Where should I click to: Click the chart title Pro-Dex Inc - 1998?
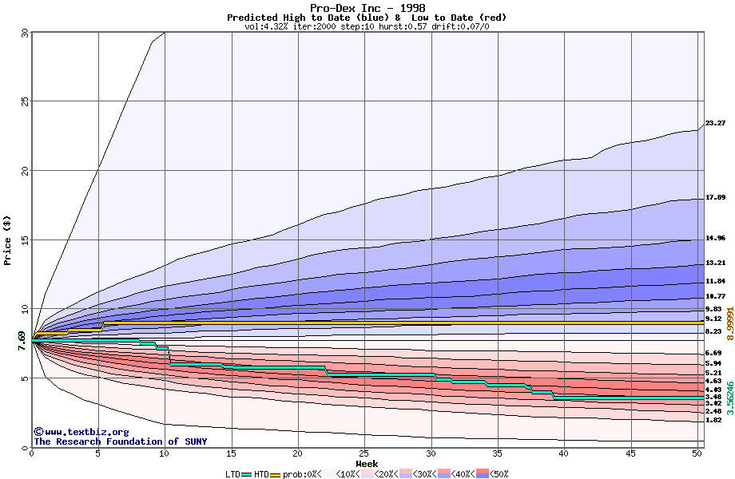click(367, 8)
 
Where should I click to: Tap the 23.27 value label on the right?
click(715, 123)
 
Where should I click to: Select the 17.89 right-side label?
click(715, 197)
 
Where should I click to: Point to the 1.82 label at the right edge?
click(713, 420)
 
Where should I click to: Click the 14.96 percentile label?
click(715, 238)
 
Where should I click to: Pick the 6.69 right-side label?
click(713, 353)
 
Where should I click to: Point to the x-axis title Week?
click(367, 464)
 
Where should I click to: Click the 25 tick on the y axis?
click(24, 101)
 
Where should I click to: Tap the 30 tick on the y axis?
click(24, 33)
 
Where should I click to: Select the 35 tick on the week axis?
click(498, 453)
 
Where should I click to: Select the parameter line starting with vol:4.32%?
click(367, 26)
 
